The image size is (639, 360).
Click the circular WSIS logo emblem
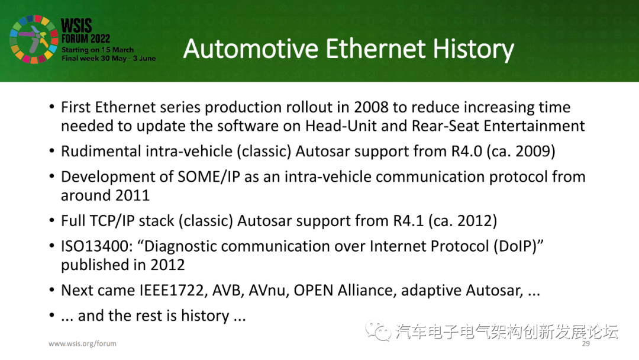(32, 40)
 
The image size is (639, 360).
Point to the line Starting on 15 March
(98, 50)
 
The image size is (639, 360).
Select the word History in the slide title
(473, 49)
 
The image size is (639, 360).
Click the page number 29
(586, 343)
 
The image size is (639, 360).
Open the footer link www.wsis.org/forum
(82, 343)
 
